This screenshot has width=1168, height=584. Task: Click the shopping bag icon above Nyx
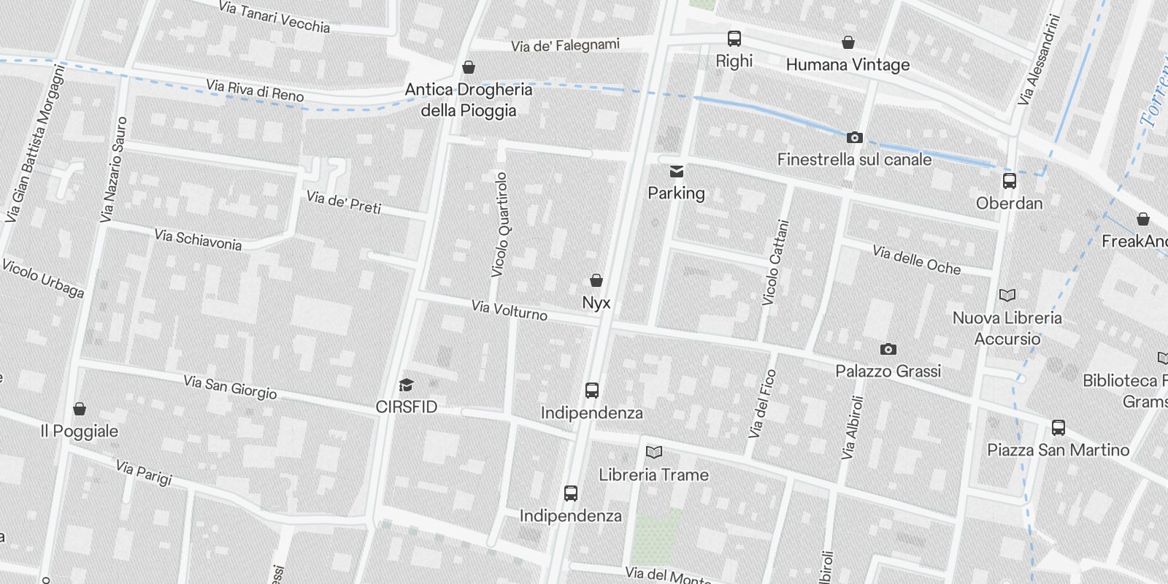click(x=596, y=280)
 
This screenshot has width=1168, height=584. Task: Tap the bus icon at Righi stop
click(x=734, y=39)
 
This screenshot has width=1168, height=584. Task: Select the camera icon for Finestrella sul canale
click(x=854, y=137)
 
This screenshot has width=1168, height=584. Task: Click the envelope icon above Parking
click(x=677, y=172)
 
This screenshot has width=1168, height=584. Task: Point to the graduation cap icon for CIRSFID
click(x=406, y=385)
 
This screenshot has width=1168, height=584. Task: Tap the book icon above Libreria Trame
click(x=654, y=453)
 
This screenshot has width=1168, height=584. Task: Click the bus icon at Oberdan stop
click(x=1010, y=180)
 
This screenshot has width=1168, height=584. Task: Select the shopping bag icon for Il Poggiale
click(x=80, y=409)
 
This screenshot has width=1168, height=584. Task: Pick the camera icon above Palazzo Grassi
click(x=888, y=349)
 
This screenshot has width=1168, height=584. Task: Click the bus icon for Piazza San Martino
click(x=1058, y=428)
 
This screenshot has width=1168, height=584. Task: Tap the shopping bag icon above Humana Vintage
click(x=848, y=42)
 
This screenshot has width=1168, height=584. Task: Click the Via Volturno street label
click(x=510, y=310)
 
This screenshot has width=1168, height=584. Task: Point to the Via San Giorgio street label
click(x=230, y=387)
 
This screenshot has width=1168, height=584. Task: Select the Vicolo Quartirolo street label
click(x=500, y=224)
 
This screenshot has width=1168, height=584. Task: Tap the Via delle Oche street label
click(x=916, y=261)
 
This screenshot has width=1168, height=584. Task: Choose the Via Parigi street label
click(x=144, y=472)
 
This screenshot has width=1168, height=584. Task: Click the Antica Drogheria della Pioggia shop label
click(x=469, y=99)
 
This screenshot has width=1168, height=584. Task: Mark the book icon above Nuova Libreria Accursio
click(x=1007, y=296)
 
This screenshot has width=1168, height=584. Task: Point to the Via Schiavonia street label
click(x=198, y=239)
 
